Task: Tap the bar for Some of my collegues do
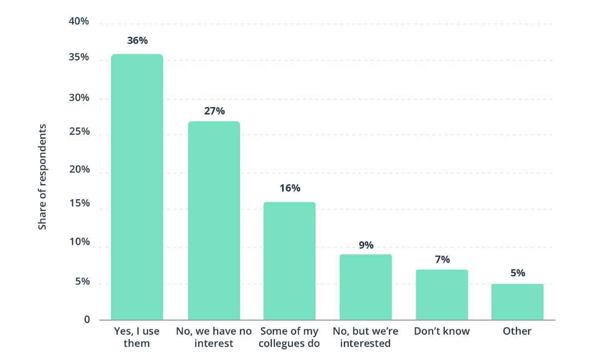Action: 289,261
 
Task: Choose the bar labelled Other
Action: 517,302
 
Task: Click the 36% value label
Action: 137,41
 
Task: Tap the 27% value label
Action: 215,111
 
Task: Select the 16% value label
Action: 290,188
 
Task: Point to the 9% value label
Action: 366,245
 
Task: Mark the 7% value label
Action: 442,259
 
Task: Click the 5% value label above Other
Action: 518,273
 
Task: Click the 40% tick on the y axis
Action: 79,21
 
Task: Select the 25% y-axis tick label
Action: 79,132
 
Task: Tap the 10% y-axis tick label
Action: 79,242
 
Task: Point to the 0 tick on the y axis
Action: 87,319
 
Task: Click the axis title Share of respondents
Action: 42,177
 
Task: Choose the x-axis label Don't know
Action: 442,331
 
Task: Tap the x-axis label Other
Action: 517,331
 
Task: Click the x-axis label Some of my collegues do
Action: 289,337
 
